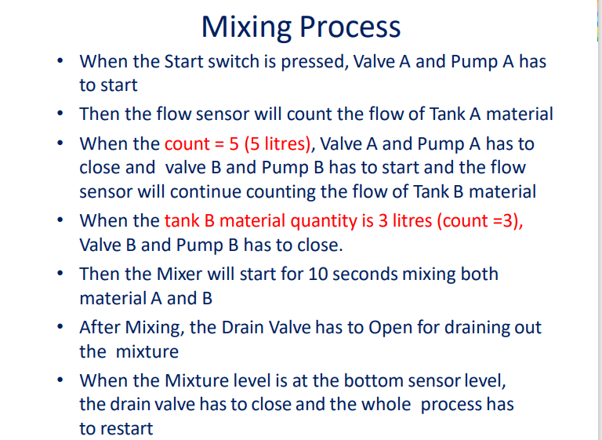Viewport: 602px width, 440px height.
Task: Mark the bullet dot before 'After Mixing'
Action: coord(60,328)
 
